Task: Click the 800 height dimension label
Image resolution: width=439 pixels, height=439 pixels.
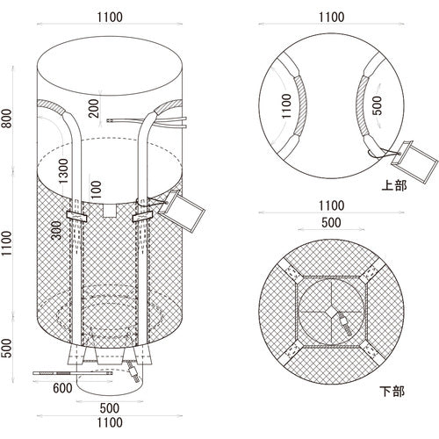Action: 7,119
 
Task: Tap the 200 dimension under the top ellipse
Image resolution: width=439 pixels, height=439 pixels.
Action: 94,108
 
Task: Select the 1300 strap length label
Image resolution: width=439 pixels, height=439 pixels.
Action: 63,171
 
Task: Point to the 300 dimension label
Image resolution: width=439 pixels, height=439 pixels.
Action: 56,230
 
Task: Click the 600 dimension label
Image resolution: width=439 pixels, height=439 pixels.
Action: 62,388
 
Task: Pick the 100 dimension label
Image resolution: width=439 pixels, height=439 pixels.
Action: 96,190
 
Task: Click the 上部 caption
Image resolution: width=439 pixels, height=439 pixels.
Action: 394,185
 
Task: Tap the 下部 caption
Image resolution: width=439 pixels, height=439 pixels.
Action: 392,392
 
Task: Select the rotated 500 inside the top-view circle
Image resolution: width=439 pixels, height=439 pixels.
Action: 378,105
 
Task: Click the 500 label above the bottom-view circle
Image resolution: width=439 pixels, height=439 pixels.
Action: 331,223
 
